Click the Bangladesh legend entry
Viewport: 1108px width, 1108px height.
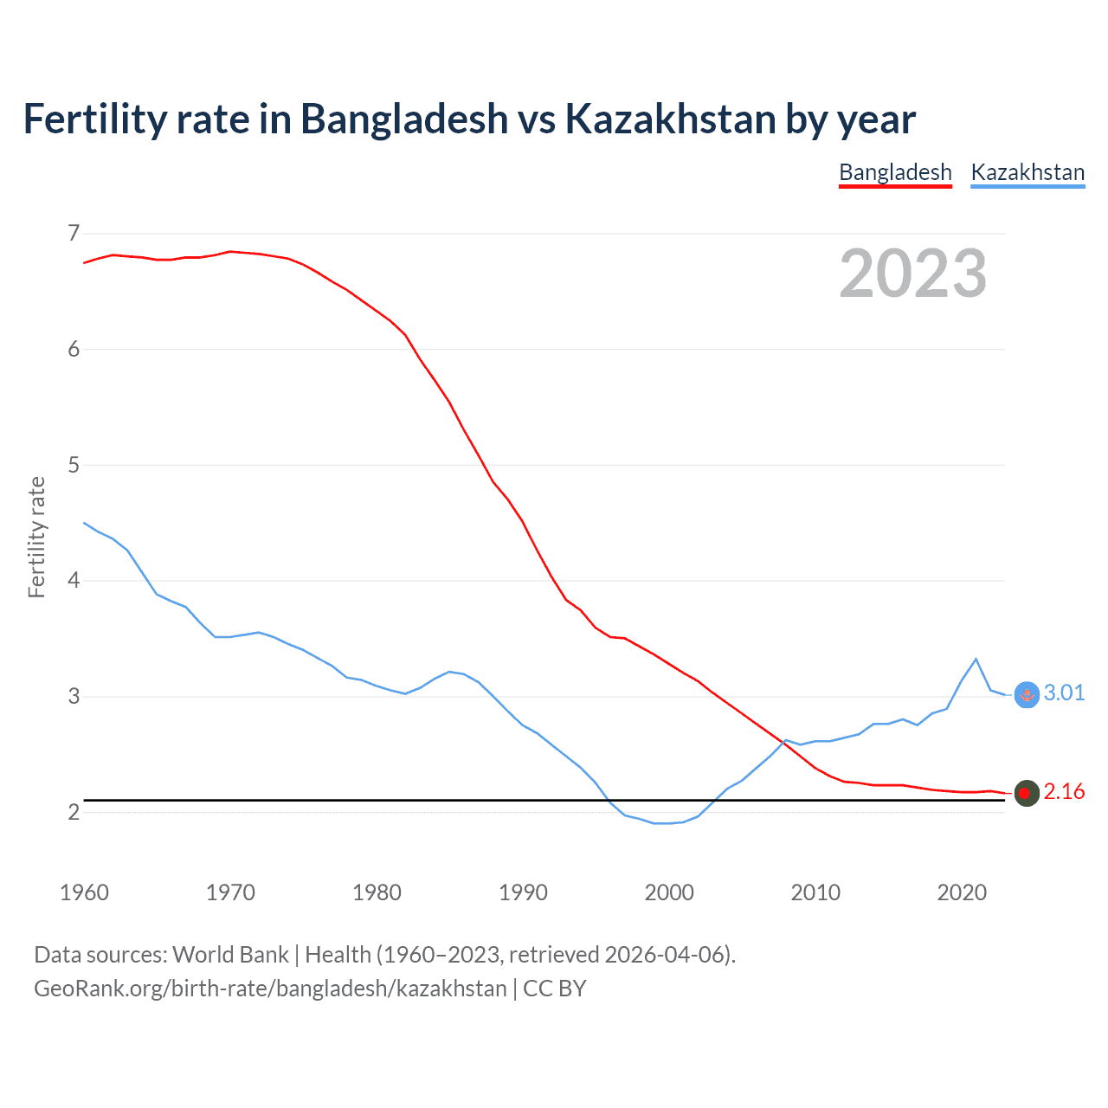click(895, 172)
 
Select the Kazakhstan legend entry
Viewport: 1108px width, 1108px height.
click(1027, 172)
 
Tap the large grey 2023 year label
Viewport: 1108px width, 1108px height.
click(913, 274)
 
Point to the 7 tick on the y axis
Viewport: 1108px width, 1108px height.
click(74, 233)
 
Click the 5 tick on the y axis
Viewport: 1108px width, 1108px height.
click(74, 465)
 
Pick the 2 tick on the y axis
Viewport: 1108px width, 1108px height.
click(74, 812)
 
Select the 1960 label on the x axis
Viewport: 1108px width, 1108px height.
click(84, 892)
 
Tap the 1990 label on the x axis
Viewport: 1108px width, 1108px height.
click(523, 892)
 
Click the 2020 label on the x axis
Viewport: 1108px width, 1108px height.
click(962, 892)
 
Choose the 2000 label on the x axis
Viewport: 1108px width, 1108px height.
click(669, 892)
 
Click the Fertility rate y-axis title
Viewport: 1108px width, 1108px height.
click(36, 537)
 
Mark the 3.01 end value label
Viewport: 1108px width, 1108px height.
click(1064, 692)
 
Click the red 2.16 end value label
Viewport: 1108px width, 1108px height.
click(1064, 792)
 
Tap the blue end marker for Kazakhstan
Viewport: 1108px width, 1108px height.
click(1026, 694)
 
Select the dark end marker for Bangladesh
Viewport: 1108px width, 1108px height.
click(1026, 793)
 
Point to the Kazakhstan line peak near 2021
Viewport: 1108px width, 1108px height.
click(976, 659)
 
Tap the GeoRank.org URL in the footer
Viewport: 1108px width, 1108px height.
click(270, 989)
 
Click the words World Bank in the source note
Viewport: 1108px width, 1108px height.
click(230, 955)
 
